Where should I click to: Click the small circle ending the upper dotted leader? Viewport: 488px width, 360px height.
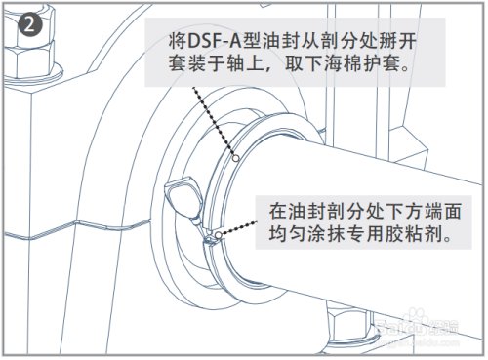[x=236, y=157]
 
